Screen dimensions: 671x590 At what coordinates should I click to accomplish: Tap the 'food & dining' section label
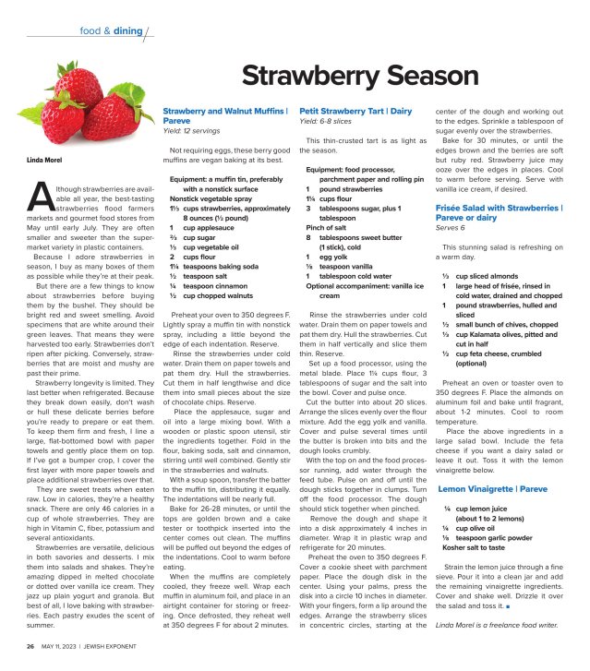(108, 30)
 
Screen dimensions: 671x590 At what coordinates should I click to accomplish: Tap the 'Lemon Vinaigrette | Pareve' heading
(491, 486)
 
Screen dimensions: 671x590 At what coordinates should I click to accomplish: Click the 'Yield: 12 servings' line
(191, 133)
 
